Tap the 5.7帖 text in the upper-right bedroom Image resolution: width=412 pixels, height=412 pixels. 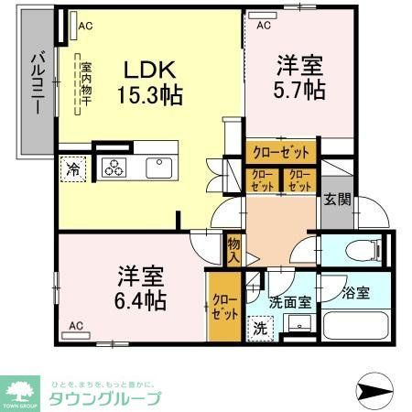(299, 89)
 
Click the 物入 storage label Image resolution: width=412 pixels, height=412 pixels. (234, 249)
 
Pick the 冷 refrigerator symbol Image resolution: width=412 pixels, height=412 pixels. (72, 168)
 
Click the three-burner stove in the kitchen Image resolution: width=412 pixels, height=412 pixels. (116, 168)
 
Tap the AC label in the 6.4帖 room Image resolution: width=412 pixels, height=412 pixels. (76, 325)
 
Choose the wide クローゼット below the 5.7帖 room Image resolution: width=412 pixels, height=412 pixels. (279, 151)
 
